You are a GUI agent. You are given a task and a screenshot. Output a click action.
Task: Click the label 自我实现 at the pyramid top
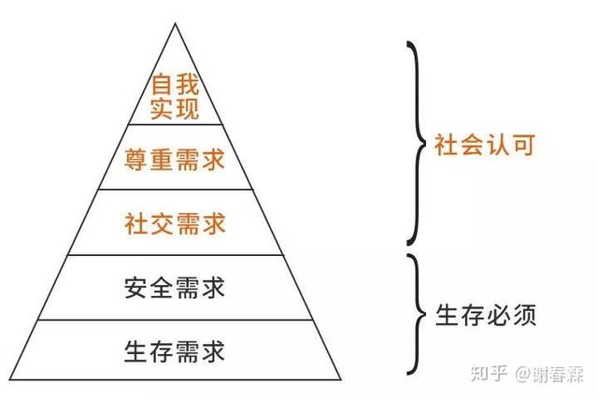click(x=175, y=96)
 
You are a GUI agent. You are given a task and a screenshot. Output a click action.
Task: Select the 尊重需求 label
click(x=175, y=159)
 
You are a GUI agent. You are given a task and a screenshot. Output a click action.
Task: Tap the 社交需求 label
click(x=175, y=223)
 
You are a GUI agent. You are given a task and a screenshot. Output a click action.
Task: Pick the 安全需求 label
click(x=175, y=287)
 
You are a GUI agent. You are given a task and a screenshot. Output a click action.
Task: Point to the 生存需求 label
click(x=175, y=351)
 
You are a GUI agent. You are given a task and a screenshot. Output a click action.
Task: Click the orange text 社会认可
click(x=485, y=145)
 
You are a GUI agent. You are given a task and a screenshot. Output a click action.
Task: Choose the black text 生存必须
click(x=486, y=315)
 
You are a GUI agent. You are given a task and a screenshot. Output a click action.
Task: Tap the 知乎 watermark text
click(x=490, y=373)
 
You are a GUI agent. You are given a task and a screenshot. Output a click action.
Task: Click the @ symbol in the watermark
click(x=523, y=374)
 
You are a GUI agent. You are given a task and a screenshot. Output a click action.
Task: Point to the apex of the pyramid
click(x=175, y=23)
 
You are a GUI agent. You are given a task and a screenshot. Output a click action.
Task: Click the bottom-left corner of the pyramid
click(x=10, y=379)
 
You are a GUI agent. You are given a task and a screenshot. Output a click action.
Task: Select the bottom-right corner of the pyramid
click(x=341, y=379)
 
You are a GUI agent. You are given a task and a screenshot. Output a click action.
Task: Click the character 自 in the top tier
click(x=162, y=85)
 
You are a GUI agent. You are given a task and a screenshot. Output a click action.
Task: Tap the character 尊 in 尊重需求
click(x=135, y=160)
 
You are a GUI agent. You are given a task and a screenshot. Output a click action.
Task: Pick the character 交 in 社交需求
click(x=162, y=223)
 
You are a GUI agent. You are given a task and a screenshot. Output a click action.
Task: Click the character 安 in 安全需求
click(x=135, y=288)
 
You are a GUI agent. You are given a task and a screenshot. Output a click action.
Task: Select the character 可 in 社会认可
click(x=524, y=145)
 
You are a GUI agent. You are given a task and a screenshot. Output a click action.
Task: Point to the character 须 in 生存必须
click(x=525, y=315)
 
